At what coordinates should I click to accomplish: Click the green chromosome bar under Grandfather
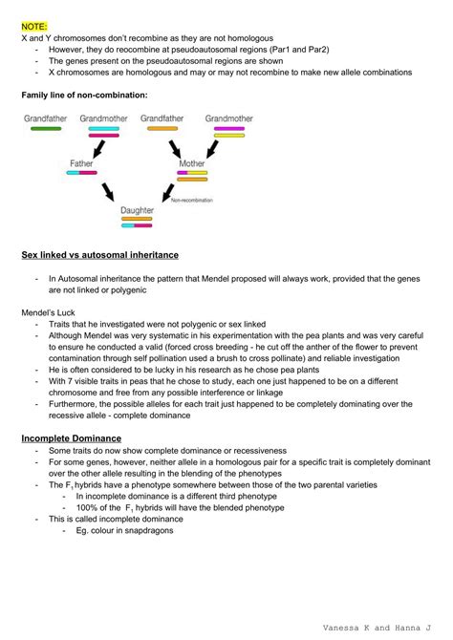(x=45, y=128)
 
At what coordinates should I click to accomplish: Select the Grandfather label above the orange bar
(x=162, y=118)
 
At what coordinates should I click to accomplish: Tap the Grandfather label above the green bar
(x=45, y=118)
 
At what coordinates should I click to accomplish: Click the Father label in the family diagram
(x=81, y=163)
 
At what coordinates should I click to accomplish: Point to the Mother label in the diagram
(x=192, y=163)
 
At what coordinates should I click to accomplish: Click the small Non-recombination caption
(x=191, y=200)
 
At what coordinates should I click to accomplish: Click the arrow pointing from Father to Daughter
(x=110, y=192)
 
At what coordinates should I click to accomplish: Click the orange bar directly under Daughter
(x=137, y=219)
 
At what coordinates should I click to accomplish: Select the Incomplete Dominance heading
(x=69, y=437)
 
